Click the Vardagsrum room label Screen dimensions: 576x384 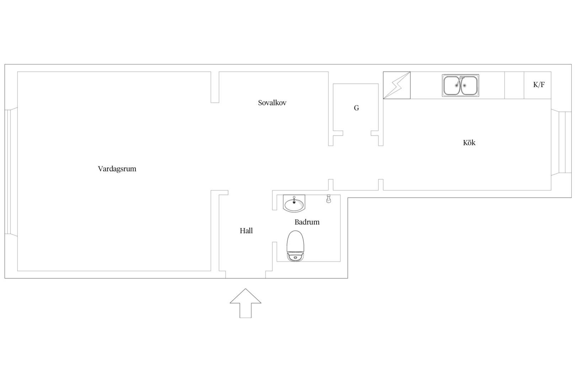pos(117,169)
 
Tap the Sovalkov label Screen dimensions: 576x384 pos(272,103)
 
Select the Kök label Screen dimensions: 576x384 pos(469,143)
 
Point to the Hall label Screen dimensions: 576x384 pos(246,231)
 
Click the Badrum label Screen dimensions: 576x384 pos(307,222)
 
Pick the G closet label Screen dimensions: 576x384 pos(356,108)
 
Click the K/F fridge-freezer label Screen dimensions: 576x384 pos(539,85)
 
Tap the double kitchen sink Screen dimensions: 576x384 pos(460,86)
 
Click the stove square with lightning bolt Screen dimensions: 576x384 pos(397,85)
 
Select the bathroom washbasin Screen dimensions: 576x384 pos(294,203)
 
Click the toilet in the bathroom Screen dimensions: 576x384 pos(295,246)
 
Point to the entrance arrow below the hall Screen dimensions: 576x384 pos(246,303)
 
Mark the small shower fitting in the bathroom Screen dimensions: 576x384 pos(329,199)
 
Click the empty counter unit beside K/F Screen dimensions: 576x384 pos(514,85)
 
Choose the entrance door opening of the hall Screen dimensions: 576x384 pos(246,274)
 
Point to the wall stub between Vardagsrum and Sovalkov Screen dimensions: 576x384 pos(215,87)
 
